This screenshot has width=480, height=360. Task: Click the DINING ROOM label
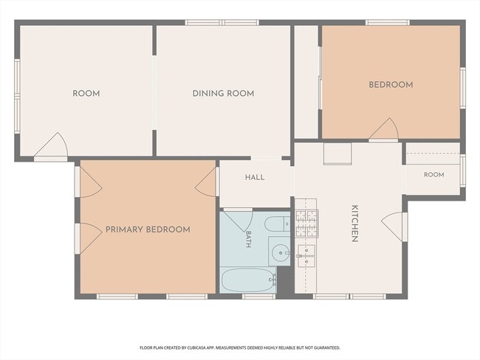pyautogui.click(x=223, y=93)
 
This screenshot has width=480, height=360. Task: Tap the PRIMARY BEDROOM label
pyautogui.click(x=148, y=229)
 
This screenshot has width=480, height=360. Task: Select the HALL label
pyautogui.click(x=255, y=177)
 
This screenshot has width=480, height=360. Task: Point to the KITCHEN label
pyautogui.click(x=354, y=224)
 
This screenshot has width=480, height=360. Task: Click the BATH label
pyautogui.click(x=249, y=239)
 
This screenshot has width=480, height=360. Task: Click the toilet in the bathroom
pyautogui.click(x=277, y=224)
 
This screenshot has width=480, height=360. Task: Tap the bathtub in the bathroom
pyautogui.click(x=249, y=280)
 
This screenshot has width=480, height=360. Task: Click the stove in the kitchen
pyautogui.click(x=306, y=224)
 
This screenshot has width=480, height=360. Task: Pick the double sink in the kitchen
pyautogui.click(x=306, y=255)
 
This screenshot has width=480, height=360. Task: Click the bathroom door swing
pyautogui.click(x=238, y=220)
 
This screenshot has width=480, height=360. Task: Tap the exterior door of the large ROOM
pyautogui.click(x=50, y=146)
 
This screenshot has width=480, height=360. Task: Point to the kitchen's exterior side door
pyautogui.click(x=394, y=226)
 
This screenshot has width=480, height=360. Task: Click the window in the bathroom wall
pyautogui.click(x=258, y=297)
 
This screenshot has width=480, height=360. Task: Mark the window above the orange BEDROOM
pyautogui.click(x=388, y=22)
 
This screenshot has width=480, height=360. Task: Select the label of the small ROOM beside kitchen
pyautogui.click(x=433, y=175)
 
